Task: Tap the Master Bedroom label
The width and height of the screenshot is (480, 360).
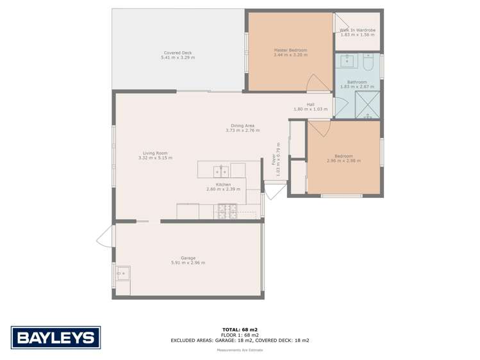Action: (290, 50)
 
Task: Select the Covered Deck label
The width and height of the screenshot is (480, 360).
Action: (178, 53)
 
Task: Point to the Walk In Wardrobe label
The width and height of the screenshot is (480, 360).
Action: (357, 30)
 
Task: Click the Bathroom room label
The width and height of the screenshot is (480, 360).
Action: (357, 82)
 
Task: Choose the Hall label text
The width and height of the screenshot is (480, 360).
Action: (310, 104)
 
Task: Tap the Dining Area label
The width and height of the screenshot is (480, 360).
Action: (243, 126)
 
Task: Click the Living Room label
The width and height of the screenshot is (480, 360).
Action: (155, 153)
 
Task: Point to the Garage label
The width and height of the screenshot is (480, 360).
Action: (188, 258)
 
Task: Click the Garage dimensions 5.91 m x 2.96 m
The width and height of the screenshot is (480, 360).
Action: (188, 263)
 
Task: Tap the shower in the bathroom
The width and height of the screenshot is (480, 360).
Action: (367, 105)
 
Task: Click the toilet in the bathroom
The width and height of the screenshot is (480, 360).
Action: (368, 62)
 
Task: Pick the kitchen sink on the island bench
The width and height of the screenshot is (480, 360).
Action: (221, 170)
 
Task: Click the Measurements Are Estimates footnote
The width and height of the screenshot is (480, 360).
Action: (240, 350)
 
